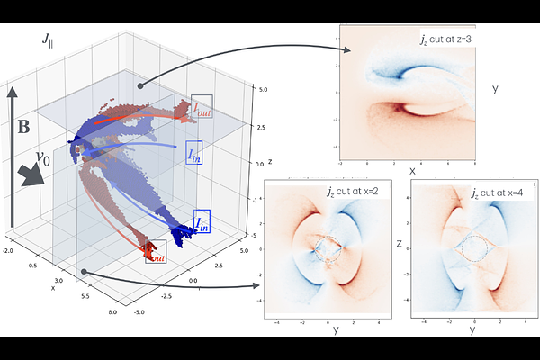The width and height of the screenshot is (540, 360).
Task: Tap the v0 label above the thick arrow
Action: (41, 159)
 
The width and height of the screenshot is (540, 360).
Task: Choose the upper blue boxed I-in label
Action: (194, 152)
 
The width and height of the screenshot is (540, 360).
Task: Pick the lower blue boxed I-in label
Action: (203, 222)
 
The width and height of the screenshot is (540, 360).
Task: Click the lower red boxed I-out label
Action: (155, 252)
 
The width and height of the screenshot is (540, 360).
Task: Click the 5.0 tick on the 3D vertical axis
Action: (262, 90)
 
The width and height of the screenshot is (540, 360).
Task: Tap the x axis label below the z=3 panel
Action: (412, 169)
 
